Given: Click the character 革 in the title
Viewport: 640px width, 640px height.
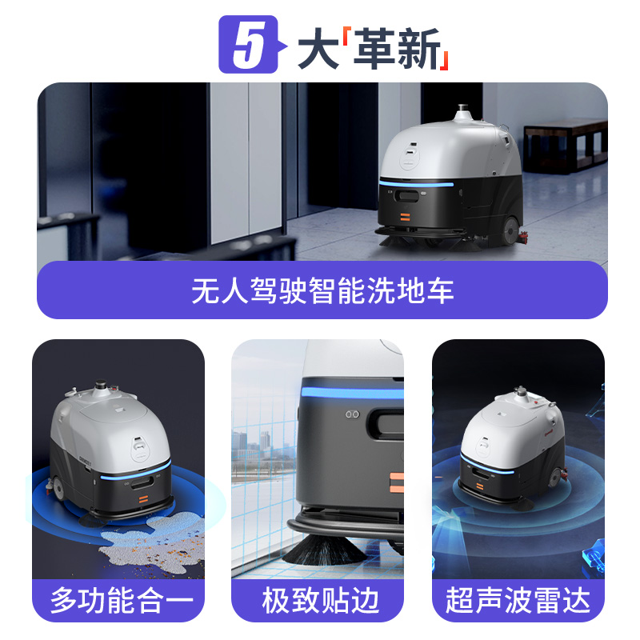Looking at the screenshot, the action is pos(373,49).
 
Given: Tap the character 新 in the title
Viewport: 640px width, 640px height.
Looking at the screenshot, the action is pos(418,49).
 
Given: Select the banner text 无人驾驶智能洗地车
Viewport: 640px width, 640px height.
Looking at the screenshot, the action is pos(322,290).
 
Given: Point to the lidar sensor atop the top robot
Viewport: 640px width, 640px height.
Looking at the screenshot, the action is pos(463,112).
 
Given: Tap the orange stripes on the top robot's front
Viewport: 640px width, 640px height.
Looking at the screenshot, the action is pos(405,217).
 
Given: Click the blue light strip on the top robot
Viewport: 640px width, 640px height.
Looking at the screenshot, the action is pos(416,184).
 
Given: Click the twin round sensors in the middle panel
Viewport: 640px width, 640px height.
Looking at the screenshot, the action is pos(352,414).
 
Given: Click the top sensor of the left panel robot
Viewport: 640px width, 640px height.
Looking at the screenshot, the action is pos(101,386).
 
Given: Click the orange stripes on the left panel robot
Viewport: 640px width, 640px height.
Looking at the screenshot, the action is pos(143,499).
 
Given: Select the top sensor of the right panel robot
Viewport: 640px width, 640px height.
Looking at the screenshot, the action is pos(521,391).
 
